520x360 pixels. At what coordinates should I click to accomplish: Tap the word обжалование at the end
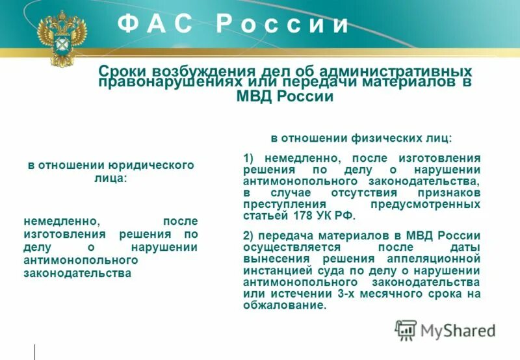click(x=283, y=304)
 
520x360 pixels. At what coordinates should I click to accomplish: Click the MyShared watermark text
click(x=458, y=330)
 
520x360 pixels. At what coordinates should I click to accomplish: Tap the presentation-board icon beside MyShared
click(x=406, y=330)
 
